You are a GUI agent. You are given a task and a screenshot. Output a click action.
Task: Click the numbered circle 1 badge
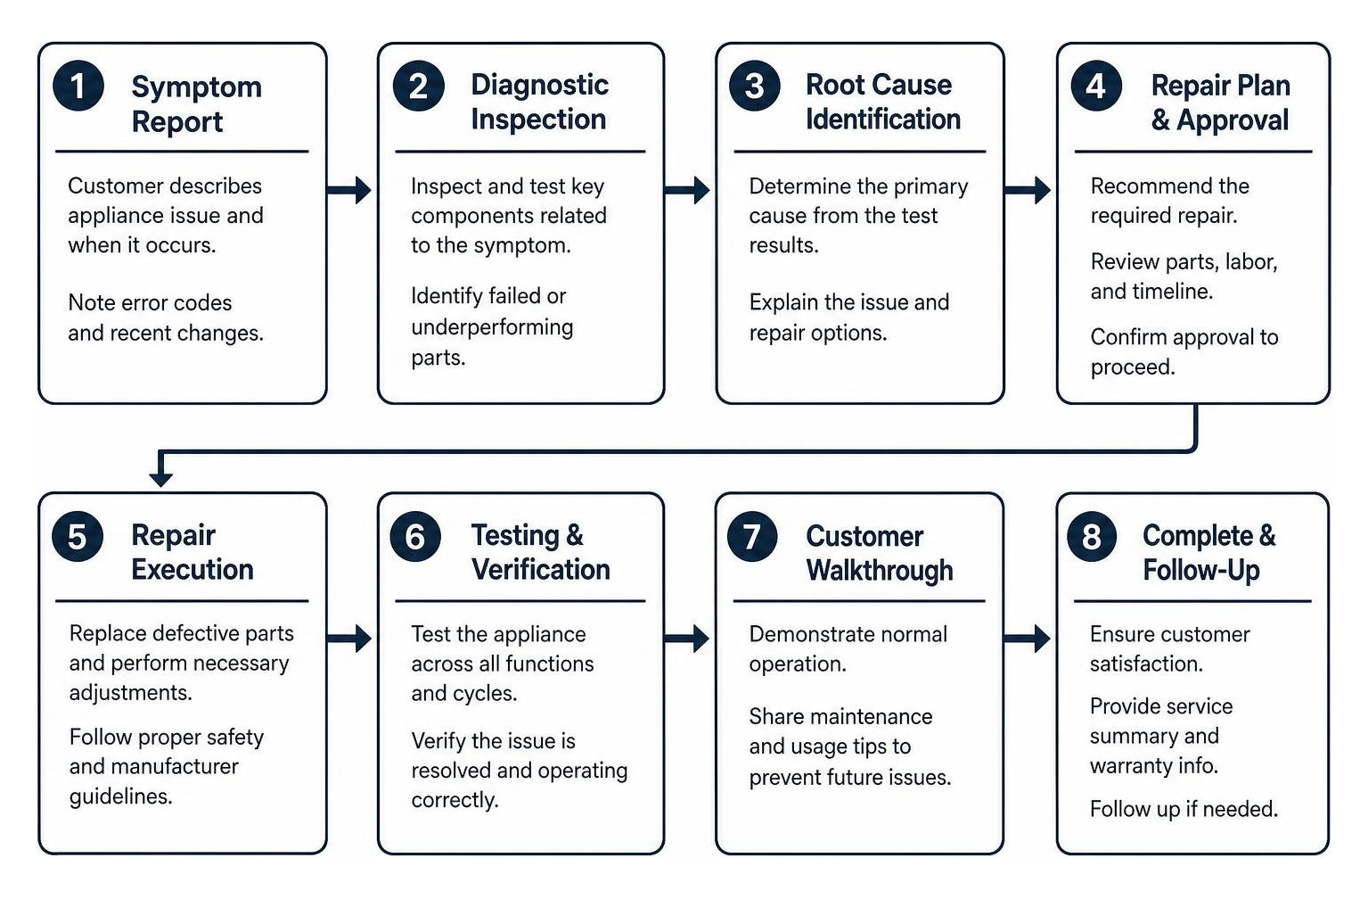tap(78, 86)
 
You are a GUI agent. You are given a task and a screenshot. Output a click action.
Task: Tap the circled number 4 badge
tap(1096, 86)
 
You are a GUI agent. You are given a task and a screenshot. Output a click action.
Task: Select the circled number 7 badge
tap(752, 537)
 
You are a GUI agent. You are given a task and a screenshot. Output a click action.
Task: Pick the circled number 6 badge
tap(415, 537)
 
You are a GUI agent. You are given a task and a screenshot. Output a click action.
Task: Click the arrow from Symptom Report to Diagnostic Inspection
tap(348, 190)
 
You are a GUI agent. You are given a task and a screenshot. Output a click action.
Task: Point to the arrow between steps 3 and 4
tap(1028, 190)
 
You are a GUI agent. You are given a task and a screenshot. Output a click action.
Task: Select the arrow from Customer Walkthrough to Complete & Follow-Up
tap(1027, 639)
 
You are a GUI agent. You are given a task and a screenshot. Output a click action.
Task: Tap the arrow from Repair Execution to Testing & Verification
tap(348, 639)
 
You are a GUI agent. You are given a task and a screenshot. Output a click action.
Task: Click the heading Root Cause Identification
tap(883, 102)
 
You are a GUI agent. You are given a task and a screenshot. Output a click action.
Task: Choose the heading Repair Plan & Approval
tap(1220, 103)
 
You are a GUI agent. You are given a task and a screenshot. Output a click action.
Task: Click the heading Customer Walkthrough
tap(880, 553)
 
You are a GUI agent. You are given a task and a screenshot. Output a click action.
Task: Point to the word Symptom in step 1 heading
tap(197, 87)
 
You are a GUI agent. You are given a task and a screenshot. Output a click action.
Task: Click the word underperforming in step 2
tap(492, 327)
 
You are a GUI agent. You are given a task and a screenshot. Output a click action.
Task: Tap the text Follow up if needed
tap(1184, 809)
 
